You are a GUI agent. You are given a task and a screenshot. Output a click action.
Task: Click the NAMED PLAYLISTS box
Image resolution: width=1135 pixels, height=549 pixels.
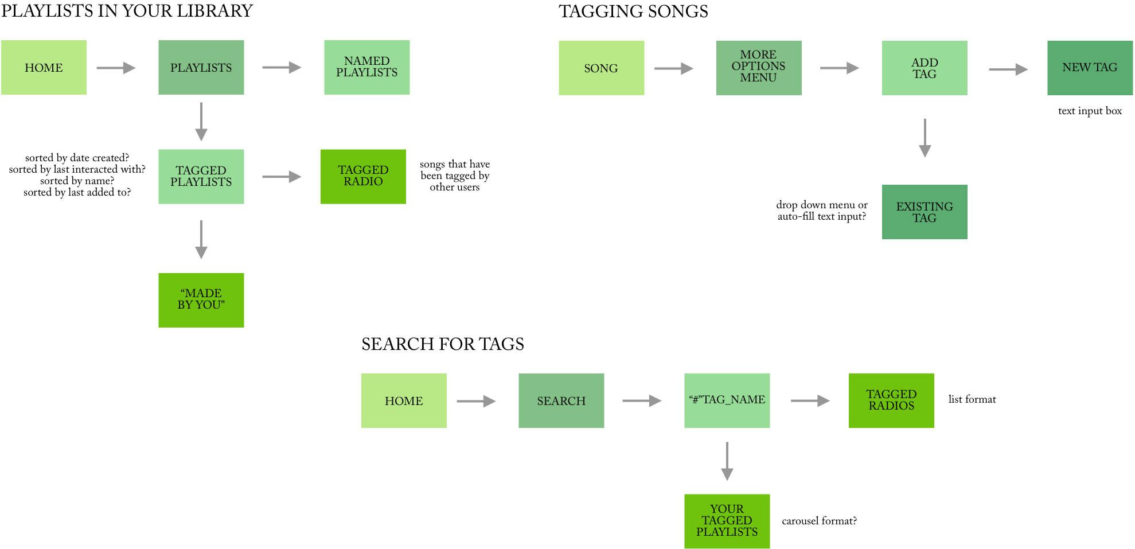pyautogui.click(x=366, y=67)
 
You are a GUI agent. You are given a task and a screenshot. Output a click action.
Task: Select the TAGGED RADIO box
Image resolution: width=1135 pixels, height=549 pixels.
pyautogui.click(x=363, y=176)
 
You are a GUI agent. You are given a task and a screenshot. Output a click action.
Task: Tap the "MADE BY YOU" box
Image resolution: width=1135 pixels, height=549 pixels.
pyautogui.click(x=201, y=299)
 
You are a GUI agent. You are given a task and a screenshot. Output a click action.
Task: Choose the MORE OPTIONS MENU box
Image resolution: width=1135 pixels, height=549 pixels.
pyautogui.click(x=758, y=67)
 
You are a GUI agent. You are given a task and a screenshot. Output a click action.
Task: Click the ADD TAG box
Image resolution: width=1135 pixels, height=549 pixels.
pyautogui.click(x=924, y=68)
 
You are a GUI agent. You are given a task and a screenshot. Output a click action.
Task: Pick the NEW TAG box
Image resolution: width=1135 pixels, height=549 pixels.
pyautogui.click(x=1089, y=67)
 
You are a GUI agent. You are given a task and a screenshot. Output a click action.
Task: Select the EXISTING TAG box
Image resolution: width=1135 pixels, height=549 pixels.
pyautogui.click(x=924, y=212)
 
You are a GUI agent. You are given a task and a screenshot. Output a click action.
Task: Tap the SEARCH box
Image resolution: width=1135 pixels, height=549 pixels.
pyautogui.click(x=561, y=400)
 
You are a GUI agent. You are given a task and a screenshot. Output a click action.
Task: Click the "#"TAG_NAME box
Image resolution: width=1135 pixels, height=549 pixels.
pyautogui.click(x=727, y=400)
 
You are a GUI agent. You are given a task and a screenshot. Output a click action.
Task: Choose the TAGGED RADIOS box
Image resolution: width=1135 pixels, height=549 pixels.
pyautogui.click(x=891, y=400)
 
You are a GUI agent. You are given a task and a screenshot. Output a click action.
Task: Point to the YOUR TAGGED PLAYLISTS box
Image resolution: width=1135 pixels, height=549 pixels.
pyautogui.click(x=727, y=521)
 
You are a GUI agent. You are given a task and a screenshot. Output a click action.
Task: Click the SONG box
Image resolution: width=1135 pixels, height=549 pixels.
pyautogui.click(x=601, y=68)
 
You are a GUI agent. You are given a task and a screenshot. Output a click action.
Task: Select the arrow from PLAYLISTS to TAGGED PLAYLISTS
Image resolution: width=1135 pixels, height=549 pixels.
pyautogui.click(x=201, y=122)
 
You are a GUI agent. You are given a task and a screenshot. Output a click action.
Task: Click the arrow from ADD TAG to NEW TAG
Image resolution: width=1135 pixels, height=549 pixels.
pyautogui.click(x=1008, y=69)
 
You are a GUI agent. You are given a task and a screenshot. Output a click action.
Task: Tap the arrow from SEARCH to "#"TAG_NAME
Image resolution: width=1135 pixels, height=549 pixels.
pyautogui.click(x=642, y=401)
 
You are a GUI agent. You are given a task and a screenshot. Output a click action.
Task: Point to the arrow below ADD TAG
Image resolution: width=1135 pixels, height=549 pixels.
pyautogui.click(x=925, y=138)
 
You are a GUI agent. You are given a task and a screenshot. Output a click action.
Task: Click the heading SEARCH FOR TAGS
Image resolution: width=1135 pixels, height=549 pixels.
pyautogui.click(x=442, y=344)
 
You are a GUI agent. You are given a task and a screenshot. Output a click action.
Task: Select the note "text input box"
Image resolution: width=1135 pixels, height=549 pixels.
pyautogui.click(x=1090, y=111)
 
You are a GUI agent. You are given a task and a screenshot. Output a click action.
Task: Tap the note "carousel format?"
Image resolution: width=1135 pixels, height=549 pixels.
pyautogui.click(x=819, y=521)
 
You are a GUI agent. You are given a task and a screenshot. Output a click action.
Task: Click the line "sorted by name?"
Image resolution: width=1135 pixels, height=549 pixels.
pyautogui.click(x=77, y=181)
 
